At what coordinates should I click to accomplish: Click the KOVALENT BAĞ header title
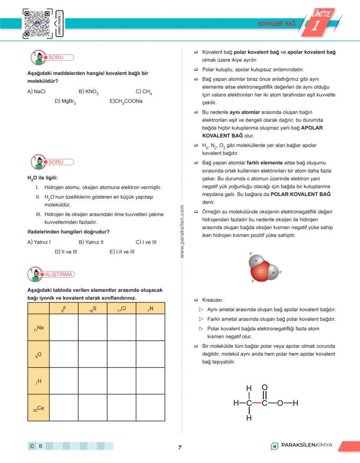(277, 23)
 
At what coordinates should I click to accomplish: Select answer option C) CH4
(144, 92)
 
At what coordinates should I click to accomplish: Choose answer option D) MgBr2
(66, 101)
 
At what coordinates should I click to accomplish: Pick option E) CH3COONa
(126, 101)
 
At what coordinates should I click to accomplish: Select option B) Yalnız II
(91, 242)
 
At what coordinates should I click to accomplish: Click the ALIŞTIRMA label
(59, 274)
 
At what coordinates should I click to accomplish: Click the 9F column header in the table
(63, 309)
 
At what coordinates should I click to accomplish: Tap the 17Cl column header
(121, 309)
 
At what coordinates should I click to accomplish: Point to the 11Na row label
(38, 328)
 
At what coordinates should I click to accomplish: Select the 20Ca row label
(38, 408)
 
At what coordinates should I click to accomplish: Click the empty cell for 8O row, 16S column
(92, 354)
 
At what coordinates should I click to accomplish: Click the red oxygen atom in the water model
(260, 272)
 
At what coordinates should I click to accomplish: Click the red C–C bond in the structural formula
(257, 403)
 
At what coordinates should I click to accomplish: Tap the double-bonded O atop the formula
(265, 388)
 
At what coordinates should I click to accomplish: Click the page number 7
(180, 447)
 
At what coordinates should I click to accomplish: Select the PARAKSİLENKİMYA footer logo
(301, 445)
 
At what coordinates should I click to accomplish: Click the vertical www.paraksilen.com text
(182, 231)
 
